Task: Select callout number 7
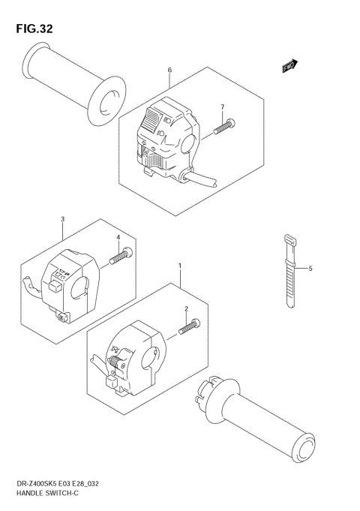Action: (x=222, y=107)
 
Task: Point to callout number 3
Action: (x=62, y=219)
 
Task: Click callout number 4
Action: (x=118, y=238)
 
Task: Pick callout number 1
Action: (x=180, y=266)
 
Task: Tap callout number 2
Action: (x=187, y=308)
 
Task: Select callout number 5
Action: (x=309, y=268)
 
